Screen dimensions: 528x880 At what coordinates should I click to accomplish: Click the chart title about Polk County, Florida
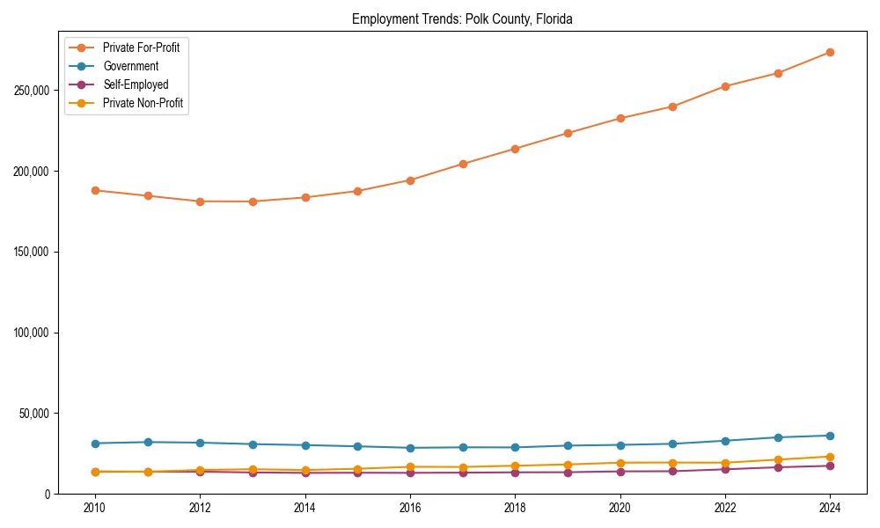(x=462, y=18)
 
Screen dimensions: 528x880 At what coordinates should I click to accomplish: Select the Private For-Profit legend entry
(x=141, y=48)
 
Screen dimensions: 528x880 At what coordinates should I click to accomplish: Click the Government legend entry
(x=130, y=66)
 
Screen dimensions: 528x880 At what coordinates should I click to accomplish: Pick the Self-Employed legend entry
(x=135, y=84)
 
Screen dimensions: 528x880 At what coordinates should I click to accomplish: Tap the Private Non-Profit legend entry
(x=142, y=103)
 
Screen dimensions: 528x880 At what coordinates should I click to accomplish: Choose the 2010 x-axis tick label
(x=95, y=508)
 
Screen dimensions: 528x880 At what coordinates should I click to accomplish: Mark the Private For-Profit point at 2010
(x=95, y=190)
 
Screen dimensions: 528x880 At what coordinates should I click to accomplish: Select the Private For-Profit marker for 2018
(x=515, y=149)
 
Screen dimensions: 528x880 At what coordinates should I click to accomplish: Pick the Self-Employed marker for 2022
(x=725, y=469)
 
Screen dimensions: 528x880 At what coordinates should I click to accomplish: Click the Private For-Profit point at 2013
(x=253, y=202)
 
